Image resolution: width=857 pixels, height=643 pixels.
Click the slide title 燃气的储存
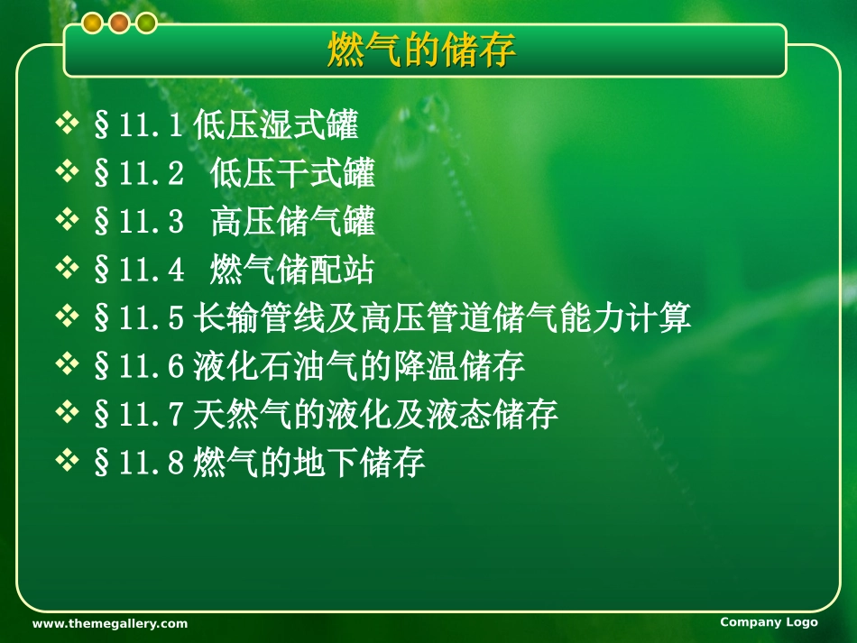(x=421, y=51)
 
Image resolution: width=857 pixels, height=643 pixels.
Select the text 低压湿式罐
(x=275, y=125)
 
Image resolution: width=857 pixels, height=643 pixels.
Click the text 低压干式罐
(x=292, y=174)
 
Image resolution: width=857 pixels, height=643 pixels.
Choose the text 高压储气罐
(x=292, y=222)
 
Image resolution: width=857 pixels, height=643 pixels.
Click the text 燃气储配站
(x=292, y=271)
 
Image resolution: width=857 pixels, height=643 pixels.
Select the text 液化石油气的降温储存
(x=358, y=367)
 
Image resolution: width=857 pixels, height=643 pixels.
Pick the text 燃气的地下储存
(x=309, y=464)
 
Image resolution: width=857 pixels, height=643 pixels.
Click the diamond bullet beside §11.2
(x=68, y=172)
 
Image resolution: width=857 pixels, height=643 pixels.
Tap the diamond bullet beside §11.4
(x=68, y=269)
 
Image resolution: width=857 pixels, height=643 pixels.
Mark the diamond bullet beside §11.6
(x=68, y=365)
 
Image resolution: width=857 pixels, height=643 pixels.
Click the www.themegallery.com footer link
(x=110, y=623)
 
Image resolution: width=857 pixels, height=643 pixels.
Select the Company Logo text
(x=769, y=622)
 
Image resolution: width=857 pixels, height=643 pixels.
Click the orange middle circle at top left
(x=119, y=24)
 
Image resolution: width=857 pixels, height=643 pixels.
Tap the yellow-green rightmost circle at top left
(x=146, y=24)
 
